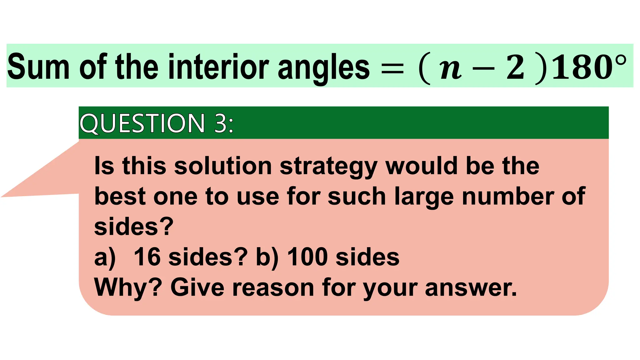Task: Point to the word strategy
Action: (328, 167)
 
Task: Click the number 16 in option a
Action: (147, 257)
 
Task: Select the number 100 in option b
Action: (307, 257)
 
